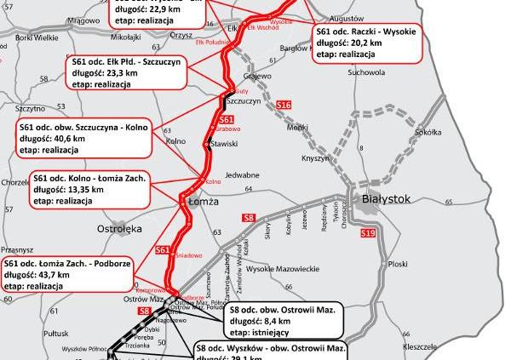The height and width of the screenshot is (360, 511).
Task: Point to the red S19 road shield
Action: tap(368, 232)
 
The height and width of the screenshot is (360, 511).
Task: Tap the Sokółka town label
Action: tap(427, 133)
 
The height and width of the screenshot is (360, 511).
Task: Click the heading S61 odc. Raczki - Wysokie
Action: tap(368, 28)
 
